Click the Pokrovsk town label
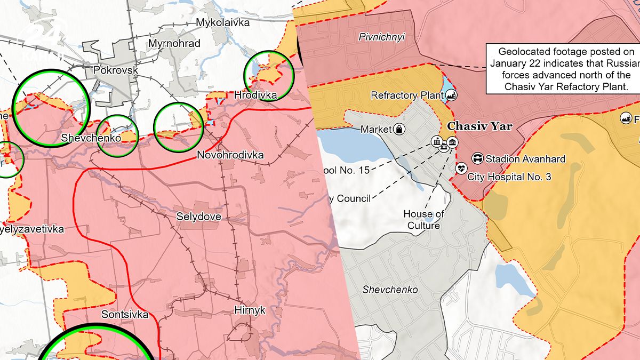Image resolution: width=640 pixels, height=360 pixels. pyautogui.click(x=115, y=70)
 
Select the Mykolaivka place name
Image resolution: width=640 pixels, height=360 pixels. pyautogui.click(x=222, y=22)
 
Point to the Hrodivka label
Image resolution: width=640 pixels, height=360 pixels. pyautogui.click(x=255, y=95)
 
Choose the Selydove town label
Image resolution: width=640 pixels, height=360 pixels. pyautogui.click(x=198, y=217)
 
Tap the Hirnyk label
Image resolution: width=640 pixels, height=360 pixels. pyautogui.click(x=250, y=310)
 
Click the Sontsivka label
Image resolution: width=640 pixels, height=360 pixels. pyautogui.click(x=125, y=314)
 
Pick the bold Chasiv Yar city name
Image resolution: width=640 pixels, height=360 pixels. pyautogui.click(x=479, y=126)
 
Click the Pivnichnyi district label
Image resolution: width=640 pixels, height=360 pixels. pyautogui.click(x=381, y=37)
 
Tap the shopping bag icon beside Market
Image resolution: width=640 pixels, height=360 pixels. pyautogui.click(x=399, y=129)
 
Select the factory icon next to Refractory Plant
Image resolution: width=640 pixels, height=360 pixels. pyautogui.click(x=452, y=95)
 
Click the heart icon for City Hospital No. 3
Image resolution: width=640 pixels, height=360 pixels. pyautogui.click(x=460, y=169)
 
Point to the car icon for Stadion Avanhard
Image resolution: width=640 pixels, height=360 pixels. pyautogui.click(x=478, y=158)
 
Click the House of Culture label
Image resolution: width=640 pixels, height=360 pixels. pyautogui.click(x=423, y=220)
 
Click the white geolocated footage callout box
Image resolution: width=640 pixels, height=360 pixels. pyautogui.click(x=563, y=69)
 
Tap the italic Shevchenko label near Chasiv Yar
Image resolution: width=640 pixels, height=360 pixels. pyautogui.click(x=390, y=290)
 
